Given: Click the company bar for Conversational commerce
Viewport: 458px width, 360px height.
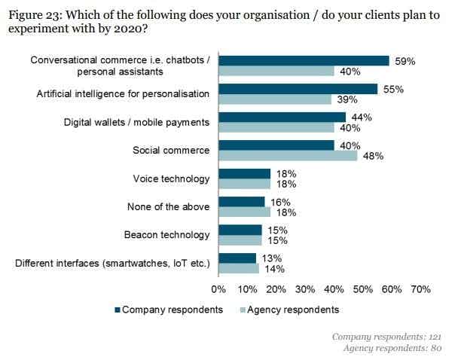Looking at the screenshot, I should point(304,61).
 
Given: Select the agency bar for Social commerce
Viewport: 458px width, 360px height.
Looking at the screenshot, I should point(288,156).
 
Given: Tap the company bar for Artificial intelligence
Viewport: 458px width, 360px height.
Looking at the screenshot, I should point(298,89).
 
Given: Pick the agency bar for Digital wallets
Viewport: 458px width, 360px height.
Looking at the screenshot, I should point(276,127).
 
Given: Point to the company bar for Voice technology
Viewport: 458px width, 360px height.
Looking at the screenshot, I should point(245,173).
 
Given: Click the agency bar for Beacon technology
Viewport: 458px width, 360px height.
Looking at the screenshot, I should point(240,240).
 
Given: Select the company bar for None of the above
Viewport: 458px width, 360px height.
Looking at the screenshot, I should point(242,202).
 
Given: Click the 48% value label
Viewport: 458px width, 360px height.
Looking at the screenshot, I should point(373,156).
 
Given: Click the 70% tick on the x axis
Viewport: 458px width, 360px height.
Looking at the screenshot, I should point(420,288).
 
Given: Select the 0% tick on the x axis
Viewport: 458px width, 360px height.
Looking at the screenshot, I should point(219,288).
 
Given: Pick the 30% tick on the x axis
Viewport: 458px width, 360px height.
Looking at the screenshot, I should point(305,288).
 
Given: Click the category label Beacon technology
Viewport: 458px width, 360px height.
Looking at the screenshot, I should point(166,234).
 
